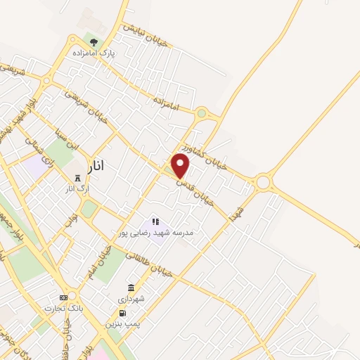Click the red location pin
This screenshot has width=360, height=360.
(181, 166)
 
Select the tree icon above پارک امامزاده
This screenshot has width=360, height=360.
(94, 42)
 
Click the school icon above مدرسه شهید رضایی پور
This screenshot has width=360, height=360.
(155, 221)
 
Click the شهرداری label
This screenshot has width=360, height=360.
(131, 298)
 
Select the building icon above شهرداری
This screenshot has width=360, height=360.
(131, 288)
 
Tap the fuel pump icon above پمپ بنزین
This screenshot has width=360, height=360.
(122, 314)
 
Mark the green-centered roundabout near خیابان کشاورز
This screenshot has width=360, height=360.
(202, 112)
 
